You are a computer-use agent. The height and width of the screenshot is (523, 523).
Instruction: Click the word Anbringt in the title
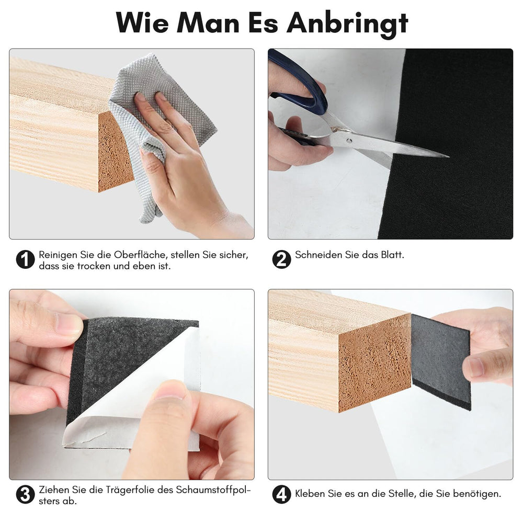(347, 24)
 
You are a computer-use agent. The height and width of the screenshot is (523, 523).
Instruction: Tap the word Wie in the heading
(142, 22)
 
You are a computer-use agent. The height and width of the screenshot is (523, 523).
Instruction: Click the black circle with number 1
(25, 259)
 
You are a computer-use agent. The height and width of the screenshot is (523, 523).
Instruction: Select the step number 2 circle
(281, 259)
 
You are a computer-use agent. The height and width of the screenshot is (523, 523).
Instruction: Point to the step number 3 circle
(25, 495)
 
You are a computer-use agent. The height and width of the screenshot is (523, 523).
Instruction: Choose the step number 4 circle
(281, 495)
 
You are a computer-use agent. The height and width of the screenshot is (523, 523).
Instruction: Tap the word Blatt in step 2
(392, 255)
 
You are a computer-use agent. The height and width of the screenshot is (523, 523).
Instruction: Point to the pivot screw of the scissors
(349, 141)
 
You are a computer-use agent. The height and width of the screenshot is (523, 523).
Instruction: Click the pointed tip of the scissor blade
(448, 156)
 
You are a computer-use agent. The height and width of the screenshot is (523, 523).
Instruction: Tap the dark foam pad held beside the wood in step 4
(441, 362)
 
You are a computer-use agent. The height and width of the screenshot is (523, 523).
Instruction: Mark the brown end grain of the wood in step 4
(374, 363)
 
